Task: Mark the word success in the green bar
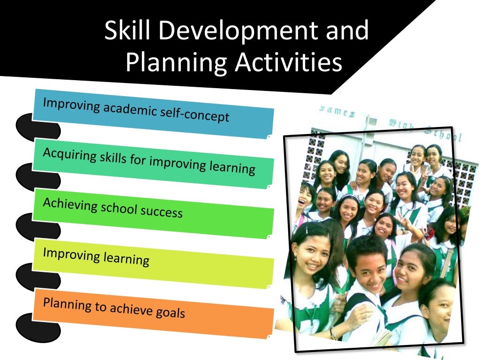click(162, 211)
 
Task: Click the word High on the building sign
click(398, 124)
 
